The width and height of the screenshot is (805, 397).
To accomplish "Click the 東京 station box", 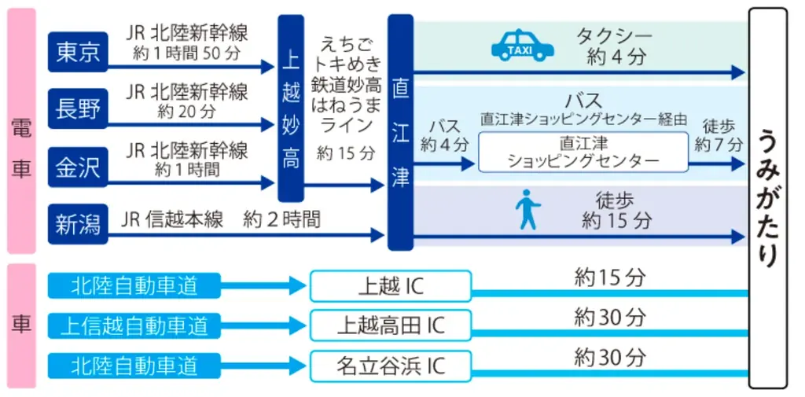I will [78, 52].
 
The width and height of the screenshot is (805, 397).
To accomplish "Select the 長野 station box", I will [78, 109].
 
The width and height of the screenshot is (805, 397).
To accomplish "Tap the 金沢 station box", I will [78, 167].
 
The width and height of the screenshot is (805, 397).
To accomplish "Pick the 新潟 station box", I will [78, 224].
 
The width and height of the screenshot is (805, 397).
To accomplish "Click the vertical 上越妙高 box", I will [291, 108].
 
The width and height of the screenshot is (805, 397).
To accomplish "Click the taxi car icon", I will [522, 46].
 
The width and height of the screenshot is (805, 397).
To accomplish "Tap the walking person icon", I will [527, 210].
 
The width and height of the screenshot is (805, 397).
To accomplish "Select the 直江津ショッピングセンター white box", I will [583, 152].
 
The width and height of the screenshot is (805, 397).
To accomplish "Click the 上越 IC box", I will [391, 286].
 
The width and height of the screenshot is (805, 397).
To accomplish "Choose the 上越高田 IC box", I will [391, 325].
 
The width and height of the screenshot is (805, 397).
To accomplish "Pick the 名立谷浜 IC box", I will [391, 366].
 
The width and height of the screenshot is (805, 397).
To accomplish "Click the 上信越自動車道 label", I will [134, 325].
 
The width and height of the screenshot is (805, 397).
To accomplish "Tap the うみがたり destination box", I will [767, 198].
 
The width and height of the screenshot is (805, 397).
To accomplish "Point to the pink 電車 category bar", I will [21, 131].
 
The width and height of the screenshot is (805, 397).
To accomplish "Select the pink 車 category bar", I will [21, 325].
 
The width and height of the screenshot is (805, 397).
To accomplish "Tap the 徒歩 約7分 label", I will [719, 134].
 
